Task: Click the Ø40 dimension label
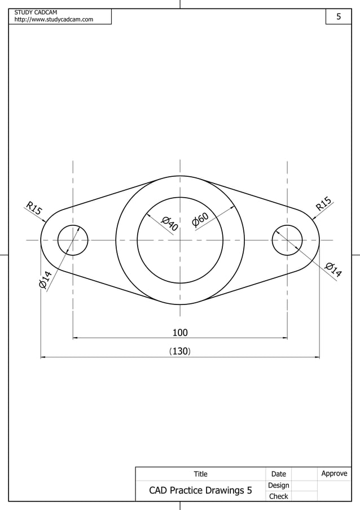coord(170,224)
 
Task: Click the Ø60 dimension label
coord(200,219)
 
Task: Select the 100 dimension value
coord(180,333)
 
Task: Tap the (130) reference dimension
coord(180,351)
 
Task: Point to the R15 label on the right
coord(323,204)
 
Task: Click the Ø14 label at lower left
coord(45,280)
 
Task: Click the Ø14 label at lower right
coord(333,270)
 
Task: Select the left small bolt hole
coord(73,240)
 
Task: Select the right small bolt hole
coord(287,240)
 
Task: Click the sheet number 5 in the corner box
coord(339,17)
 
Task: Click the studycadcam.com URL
coord(54,20)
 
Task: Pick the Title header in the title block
coord(200,474)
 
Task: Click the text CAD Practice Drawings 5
coord(200,490)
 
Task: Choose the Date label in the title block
coord(278,474)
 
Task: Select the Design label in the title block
coord(278,485)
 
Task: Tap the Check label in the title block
coord(278,496)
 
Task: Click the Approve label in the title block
coord(334,473)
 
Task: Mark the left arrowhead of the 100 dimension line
coord(76,338)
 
